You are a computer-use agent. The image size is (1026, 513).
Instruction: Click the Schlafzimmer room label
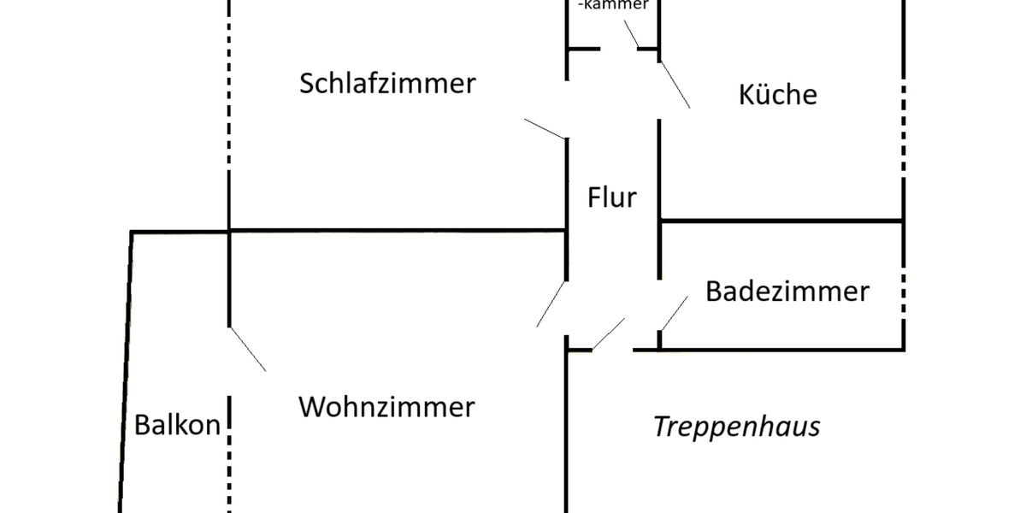click(x=386, y=85)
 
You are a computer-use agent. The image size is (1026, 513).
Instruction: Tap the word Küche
click(x=777, y=94)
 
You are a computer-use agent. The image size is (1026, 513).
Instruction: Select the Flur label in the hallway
click(x=612, y=198)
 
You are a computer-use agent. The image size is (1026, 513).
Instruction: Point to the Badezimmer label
click(x=787, y=292)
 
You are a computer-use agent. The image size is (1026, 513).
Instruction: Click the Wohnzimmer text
click(x=386, y=407)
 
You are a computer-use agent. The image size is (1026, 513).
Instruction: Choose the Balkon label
click(x=178, y=425)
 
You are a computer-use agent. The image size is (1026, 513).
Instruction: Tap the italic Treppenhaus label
click(x=737, y=427)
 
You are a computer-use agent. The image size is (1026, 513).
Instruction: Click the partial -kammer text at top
click(x=613, y=5)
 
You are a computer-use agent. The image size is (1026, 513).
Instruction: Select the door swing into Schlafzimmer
click(x=545, y=128)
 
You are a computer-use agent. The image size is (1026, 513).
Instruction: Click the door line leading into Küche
click(x=674, y=84)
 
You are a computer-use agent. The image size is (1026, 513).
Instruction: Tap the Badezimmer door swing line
click(x=674, y=314)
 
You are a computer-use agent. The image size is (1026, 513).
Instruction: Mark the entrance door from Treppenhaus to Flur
click(x=609, y=333)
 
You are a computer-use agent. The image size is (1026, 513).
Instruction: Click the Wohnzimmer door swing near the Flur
click(x=551, y=304)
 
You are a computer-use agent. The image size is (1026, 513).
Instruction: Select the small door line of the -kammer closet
click(x=631, y=33)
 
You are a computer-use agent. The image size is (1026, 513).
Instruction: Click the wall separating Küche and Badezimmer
click(x=782, y=221)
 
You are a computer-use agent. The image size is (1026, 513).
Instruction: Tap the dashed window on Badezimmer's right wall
click(x=903, y=291)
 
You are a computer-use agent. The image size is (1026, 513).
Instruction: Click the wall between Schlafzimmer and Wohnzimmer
click(x=393, y=230)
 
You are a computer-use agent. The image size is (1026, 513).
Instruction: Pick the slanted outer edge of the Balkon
click(x=127, y=368)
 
